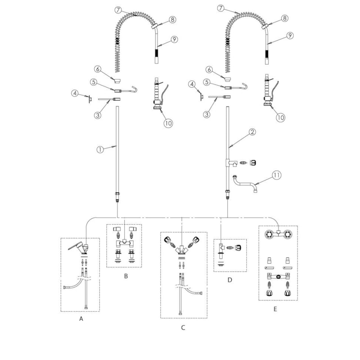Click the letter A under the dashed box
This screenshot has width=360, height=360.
point(81,319)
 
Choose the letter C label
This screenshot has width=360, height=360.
point(183,327)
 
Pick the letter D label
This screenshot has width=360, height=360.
point(230,280)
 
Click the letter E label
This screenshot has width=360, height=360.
point(275,309)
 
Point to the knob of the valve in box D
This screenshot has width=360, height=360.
point(238,247)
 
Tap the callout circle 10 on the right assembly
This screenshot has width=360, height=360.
point(280,117)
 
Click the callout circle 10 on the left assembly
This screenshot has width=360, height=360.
point(168,122)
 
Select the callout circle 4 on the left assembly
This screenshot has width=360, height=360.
point(75,93)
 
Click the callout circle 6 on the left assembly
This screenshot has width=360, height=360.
point(98,69)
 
